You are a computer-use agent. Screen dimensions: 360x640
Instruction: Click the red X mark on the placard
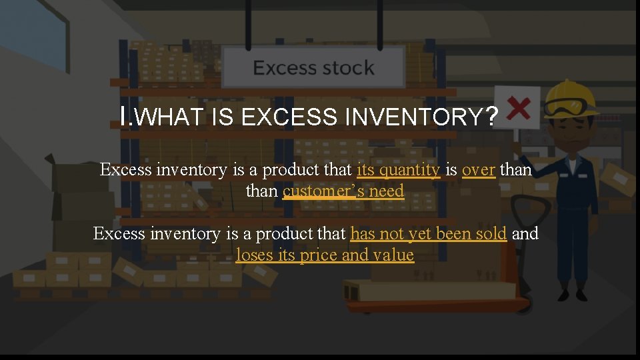click(x=519, y=107)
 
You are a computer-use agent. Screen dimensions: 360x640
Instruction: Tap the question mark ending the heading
click(x=491, y=117)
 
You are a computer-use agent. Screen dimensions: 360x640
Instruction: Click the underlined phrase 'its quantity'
click(x=399, y=170)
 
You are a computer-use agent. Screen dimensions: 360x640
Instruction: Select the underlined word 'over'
click(x=478, y=170)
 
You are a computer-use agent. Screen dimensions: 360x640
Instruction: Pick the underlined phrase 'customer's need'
click(x=343, y=191)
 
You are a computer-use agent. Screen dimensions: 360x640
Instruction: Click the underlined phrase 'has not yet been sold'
click(x=429, y=234)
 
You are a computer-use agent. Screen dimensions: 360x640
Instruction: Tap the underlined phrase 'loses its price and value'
click(x=325, y=255)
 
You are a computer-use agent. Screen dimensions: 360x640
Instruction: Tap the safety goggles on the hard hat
click(x=573, y=106)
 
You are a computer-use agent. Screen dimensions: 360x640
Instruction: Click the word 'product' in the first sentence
click(x=293, y=170)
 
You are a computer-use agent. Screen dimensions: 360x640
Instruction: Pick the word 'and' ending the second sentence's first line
click(x=525, y=234)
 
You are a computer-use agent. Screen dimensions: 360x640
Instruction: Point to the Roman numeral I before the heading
click(x=124, y=117)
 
